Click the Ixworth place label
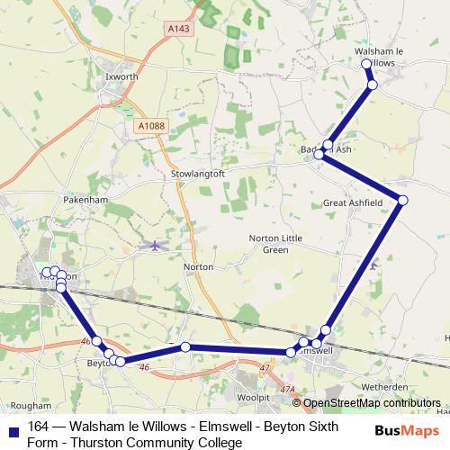pos(121,77)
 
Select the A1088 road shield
pos(151,127)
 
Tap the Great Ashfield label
pos(353,204)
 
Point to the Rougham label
pos(33,406)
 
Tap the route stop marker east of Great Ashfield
pos(402,199)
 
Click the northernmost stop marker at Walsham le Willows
pos(366,65)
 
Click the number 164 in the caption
pos(39,427)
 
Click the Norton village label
pos(197,267)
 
